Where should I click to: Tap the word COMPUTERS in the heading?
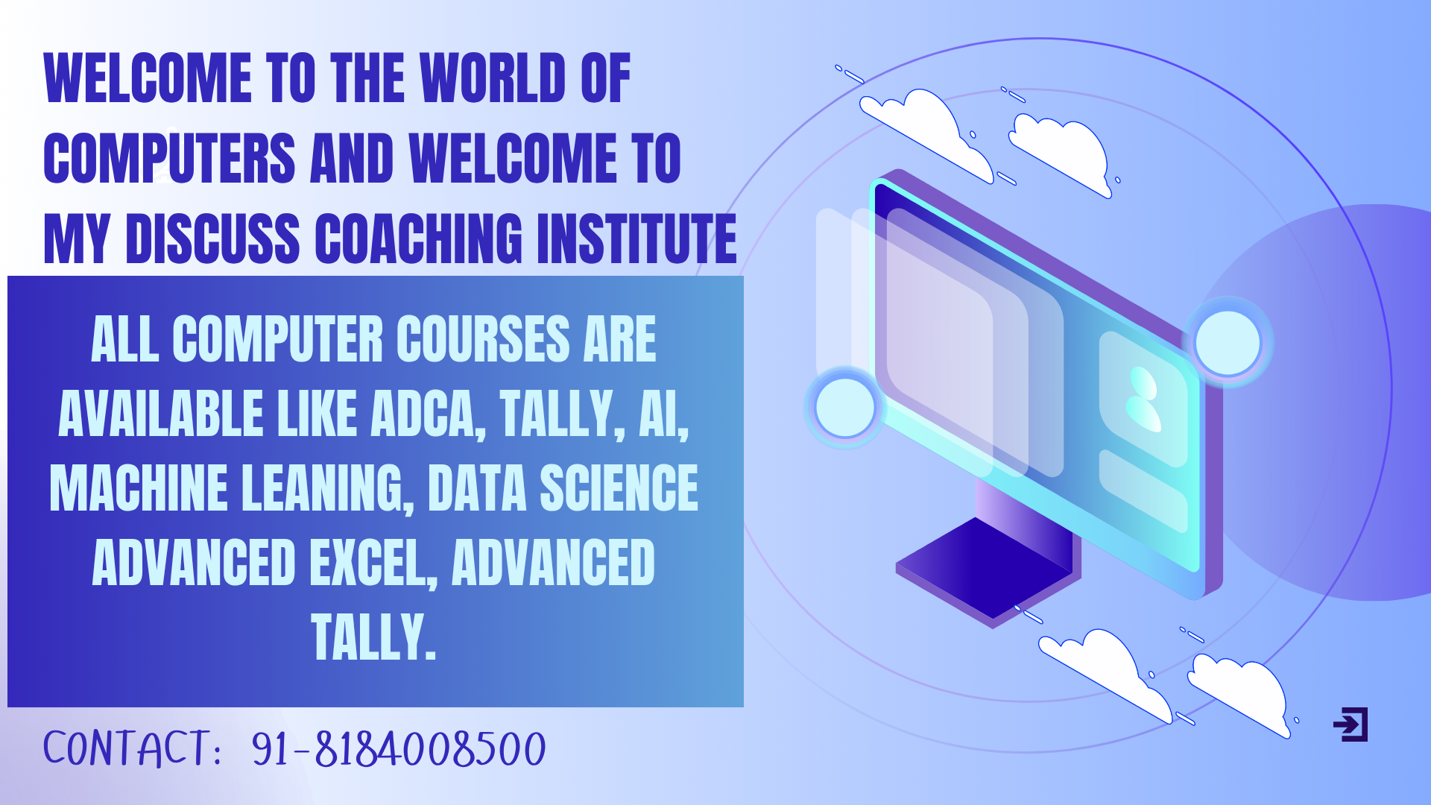click(170, 158)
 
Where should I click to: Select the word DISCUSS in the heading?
click(213, 239)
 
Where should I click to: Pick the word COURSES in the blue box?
click(483, 339)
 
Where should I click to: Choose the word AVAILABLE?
click(161, 414)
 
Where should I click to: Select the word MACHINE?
click(139, 488)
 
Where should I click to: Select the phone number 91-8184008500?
click(399, 748)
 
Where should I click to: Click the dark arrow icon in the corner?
click(1351, 724)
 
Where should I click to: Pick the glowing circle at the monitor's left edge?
click(845, 408)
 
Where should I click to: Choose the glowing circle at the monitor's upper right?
click(1228, 343)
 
